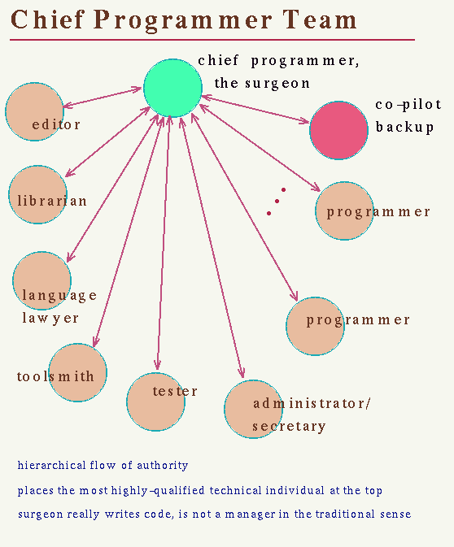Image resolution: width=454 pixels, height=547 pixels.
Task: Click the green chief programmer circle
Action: pos(172,88)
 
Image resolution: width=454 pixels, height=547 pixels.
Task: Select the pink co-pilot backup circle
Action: pos(338,130)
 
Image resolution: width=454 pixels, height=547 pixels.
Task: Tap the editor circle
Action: pos(34,111)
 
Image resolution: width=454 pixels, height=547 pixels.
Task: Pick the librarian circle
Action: pos(37,194)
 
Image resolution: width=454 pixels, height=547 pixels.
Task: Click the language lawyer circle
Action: pos(42,280)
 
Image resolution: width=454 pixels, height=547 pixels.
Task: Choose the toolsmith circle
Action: pos(77,372)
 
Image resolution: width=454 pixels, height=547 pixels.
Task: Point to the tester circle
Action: pos(155,402)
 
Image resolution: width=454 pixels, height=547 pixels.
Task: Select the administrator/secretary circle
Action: pos(254,409)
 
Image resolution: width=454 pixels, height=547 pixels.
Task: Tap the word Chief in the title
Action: pos(48,19)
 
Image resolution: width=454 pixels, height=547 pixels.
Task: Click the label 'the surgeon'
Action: pos(262,84)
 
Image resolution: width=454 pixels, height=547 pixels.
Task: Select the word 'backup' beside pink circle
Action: pos(404,127)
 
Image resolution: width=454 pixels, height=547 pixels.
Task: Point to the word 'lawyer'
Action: pos(50,318)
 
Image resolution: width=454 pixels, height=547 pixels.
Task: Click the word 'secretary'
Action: pos(289,426)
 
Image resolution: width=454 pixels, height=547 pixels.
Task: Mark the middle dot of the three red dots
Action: pos(277,201)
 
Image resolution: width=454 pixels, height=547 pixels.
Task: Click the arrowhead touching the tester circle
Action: pos(158,366)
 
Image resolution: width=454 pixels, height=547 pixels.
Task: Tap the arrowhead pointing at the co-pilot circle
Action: pos(304,121)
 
